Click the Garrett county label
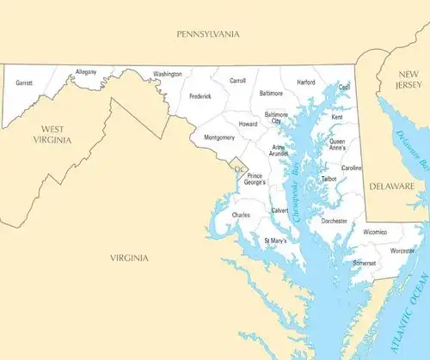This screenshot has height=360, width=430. [24, 83]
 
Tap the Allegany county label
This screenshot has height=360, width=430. [86, 71]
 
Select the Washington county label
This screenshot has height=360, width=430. [168, 75]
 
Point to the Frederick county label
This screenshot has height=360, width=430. [200, 96]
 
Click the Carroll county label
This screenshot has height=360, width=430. [237, 81]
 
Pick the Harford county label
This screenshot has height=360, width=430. [306, 82]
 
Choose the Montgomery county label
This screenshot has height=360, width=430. [219, 137]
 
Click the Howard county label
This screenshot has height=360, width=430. [248, 125]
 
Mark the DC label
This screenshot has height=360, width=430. [240, 168]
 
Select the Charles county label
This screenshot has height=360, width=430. [241, 215]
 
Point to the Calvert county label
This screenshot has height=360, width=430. [279, 211]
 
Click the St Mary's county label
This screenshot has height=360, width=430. [275, 241]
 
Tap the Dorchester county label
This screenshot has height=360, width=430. [334, 221]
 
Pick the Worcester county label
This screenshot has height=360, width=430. [402, 251]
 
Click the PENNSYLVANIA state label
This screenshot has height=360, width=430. [207, 34]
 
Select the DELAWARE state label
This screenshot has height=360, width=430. [392, 186]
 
